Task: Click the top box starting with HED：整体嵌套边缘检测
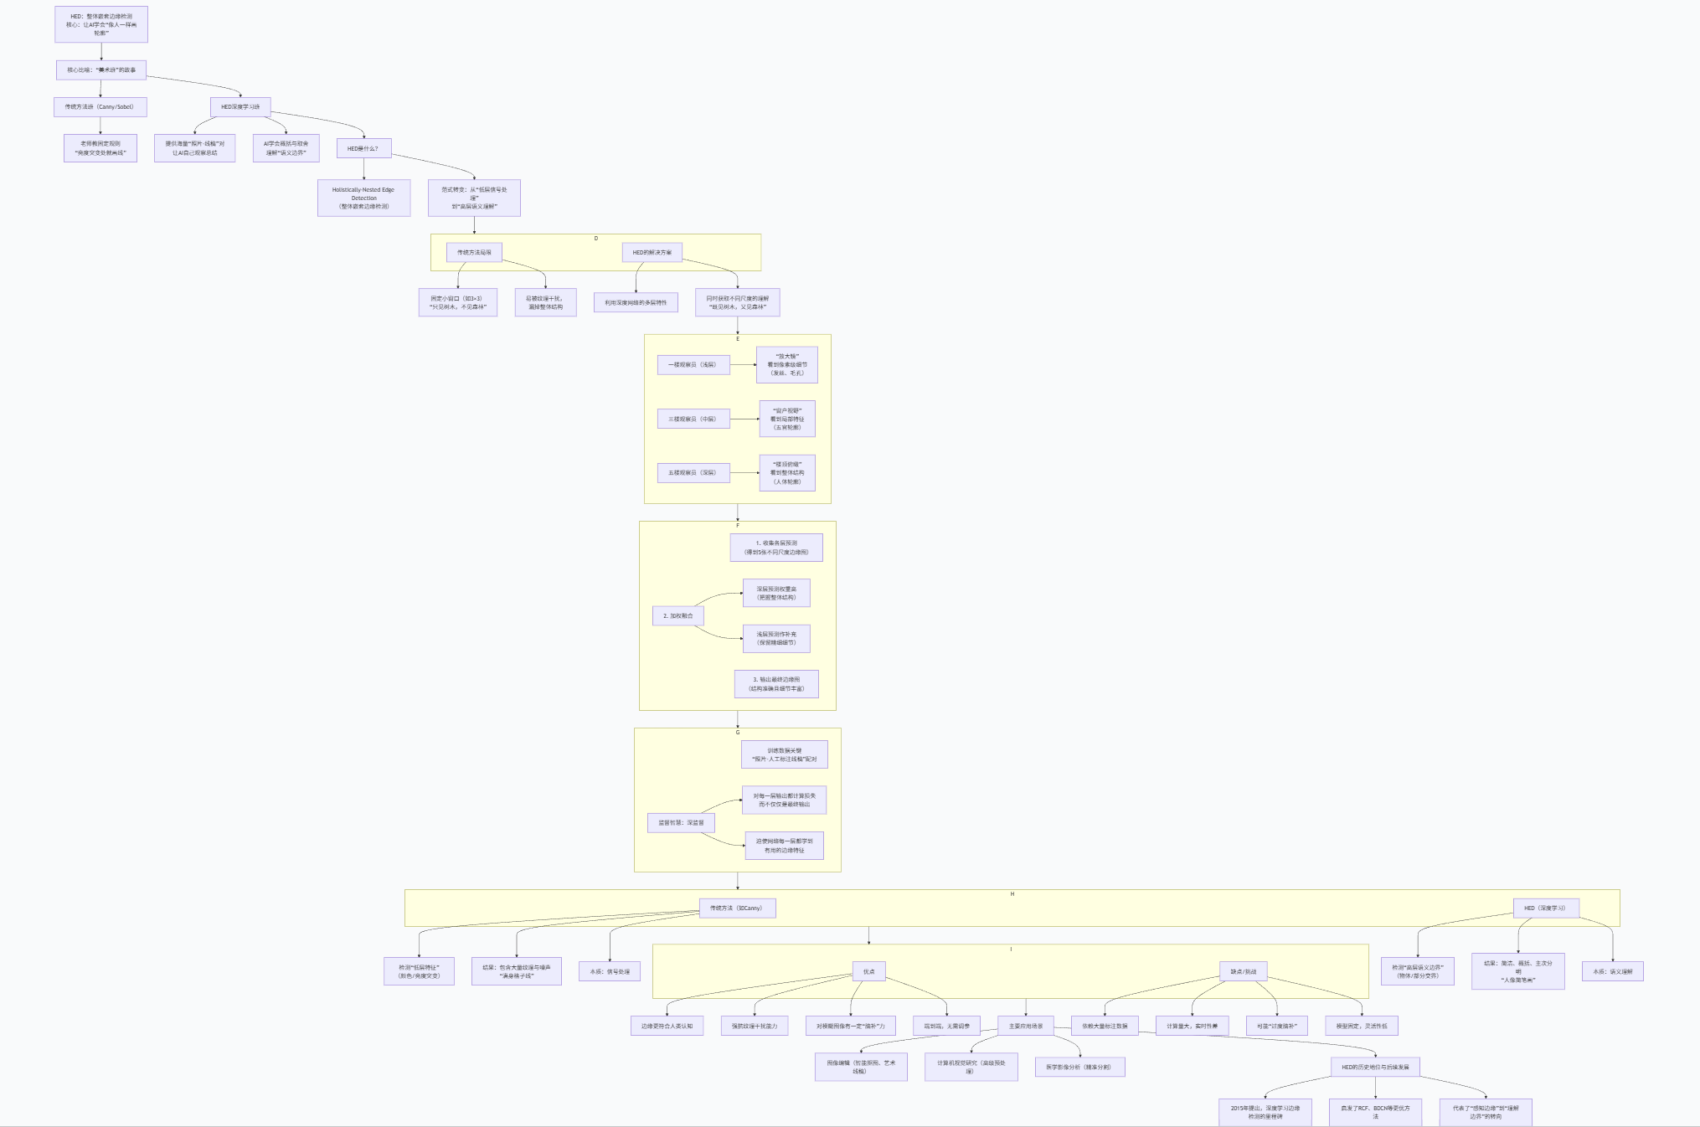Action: pos(101,24)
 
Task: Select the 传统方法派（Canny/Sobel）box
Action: pos(100,106)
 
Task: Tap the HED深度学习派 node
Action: pos(240,106)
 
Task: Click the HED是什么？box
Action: pos(363,148)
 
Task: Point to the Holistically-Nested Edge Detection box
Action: pos(363,198)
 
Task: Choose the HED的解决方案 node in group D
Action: pos(652,252)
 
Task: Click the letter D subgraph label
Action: pos(596,239)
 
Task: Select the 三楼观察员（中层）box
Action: pos(693,419)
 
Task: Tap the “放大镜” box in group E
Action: pos(786,364)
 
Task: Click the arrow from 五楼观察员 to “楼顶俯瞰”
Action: pos(744,473)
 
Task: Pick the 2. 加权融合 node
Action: pos(677,615)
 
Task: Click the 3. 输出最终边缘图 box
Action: pos(776,684)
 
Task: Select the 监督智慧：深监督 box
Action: pos(681,822)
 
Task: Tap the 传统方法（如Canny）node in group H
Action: pos(737,908)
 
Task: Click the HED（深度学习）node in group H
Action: pos(1544,908)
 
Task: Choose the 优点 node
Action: pos(868,971)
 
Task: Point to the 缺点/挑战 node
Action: pos(1243,971)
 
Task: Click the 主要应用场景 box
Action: pos(1026,1026)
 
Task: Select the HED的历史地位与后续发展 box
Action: pos(1375,1067)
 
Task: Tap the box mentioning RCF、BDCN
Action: pos(1375,1112)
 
